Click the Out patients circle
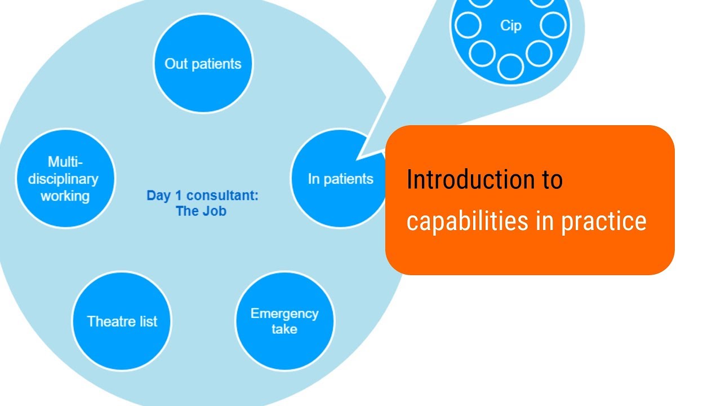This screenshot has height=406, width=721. coord(203,64)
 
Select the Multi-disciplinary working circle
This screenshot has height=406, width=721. coord(65,178)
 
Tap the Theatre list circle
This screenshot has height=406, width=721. coord(122,321)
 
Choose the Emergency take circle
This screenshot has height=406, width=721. coord(284,321)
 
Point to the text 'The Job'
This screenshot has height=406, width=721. coord(201,212)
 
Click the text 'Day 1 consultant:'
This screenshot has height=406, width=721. coord(202,196)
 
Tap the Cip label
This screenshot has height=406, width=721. coord(510,26)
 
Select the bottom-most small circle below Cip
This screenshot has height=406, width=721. coord(511,66)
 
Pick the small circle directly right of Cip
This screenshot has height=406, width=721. coord(553,25)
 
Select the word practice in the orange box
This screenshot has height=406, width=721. coord(603,221)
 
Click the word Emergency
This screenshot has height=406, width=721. coord(284,314)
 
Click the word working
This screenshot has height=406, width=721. coord(65,196)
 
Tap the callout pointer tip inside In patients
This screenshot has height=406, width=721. coord(359,157)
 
